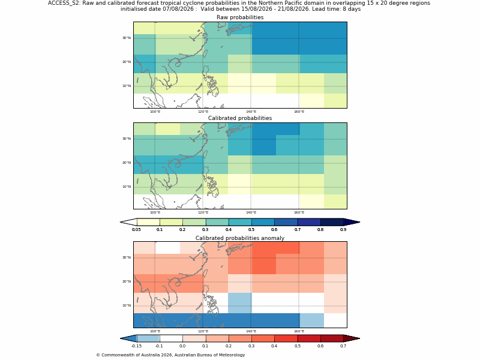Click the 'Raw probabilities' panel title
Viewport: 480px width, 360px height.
[240, 17]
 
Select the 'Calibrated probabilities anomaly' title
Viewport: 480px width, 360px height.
[240, 238]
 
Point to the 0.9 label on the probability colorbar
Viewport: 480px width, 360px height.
[343, 229]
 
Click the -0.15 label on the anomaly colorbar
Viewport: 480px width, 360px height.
[136, 346]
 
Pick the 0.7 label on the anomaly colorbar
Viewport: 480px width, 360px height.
[343, 346]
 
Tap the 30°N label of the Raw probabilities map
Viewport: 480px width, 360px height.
[127, 38]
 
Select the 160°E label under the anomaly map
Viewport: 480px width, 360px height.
[299, 331]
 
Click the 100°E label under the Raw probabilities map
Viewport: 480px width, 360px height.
[155, 112]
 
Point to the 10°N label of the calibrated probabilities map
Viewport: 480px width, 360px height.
[127, 187]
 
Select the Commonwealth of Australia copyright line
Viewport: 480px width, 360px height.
[170, 355]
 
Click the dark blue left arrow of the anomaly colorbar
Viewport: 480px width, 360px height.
[128, 338]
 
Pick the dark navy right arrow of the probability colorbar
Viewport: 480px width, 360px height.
[352, 222]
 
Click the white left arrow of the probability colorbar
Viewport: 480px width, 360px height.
[128, 222]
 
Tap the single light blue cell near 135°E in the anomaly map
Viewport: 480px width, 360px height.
[239, 303]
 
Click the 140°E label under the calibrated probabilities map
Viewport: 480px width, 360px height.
[251, 212]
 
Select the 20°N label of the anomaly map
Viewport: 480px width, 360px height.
[127, 281]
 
